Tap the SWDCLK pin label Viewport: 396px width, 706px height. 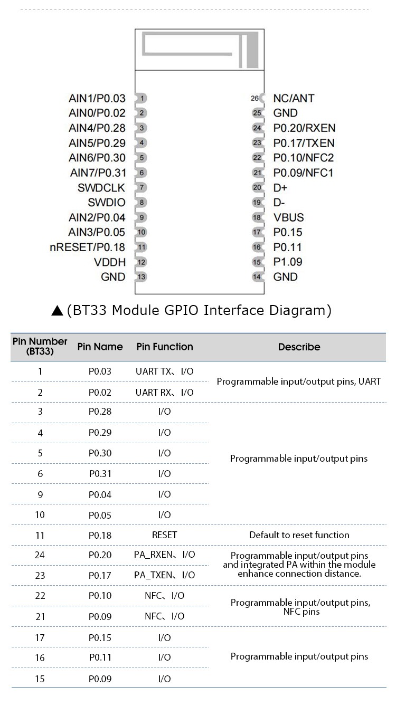[101, 188]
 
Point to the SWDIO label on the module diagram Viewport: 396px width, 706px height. [107, 203]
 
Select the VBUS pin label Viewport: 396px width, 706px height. [288, 217]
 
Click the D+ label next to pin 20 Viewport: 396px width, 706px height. [280, 188]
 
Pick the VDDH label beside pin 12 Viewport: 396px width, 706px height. [110, 262]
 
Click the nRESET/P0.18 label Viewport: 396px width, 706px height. [88, 247]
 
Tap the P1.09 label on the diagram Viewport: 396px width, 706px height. [288, 262]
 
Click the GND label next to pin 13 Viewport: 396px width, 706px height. [113, 277]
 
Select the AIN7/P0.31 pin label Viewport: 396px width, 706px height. [98, 173]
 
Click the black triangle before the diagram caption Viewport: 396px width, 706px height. [58, 311]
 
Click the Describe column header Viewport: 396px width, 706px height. [299, 347]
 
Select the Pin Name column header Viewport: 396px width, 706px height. [100, 347]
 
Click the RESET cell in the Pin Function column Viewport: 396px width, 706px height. [164, 535]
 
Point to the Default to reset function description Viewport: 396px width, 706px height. [299, 535]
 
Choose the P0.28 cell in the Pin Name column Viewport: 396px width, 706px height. [100, 412]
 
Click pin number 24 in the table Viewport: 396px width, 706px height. [40, 555]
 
